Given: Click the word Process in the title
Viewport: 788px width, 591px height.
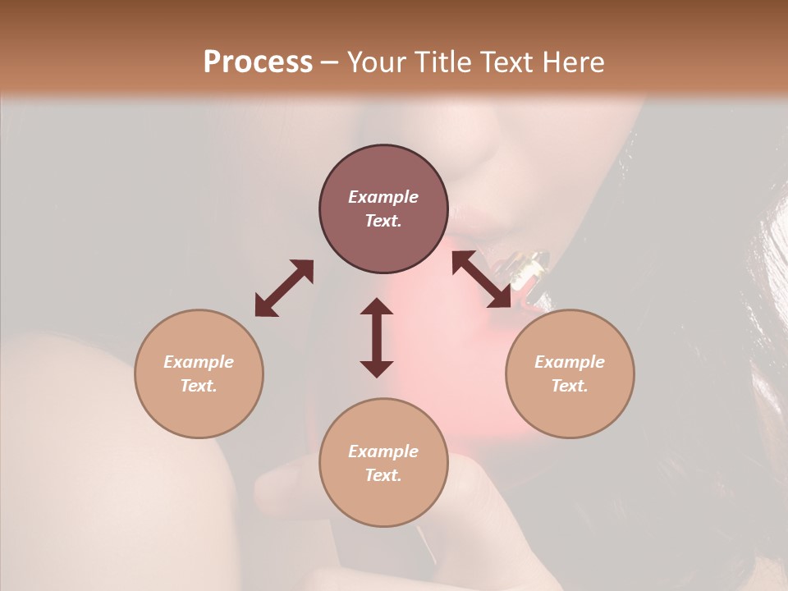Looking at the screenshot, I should [x=258, y=62].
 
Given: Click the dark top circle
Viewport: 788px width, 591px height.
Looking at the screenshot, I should [x=383, y=208].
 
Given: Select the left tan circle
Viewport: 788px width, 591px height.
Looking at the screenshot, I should [x=199, y=373].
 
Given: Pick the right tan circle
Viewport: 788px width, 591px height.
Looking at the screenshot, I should [x=570, y=373].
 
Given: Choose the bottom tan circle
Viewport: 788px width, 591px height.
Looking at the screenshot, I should [x=383, y=462].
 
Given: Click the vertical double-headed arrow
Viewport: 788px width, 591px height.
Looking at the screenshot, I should [x=377, y=337].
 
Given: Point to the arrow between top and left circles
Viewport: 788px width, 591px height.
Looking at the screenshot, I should [x=284, y=288].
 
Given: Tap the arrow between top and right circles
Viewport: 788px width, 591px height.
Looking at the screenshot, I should [x=482, y=280].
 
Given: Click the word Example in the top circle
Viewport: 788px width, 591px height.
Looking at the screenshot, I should [x=383, y=197].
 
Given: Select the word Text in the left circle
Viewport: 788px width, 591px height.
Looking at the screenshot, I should [x=199, y=386].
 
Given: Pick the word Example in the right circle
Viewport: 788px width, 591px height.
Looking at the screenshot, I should [x=570, y=362].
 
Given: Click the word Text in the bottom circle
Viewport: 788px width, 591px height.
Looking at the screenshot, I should [x=383, y=475].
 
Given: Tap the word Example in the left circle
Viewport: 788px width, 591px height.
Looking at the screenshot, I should [x=199, y=362].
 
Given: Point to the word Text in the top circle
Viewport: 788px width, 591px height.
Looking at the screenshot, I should [x=383, y=221].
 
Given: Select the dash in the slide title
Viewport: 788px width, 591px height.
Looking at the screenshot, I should [x=330, y=62].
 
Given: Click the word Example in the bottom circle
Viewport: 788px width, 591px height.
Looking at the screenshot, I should [x=383, y=451].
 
